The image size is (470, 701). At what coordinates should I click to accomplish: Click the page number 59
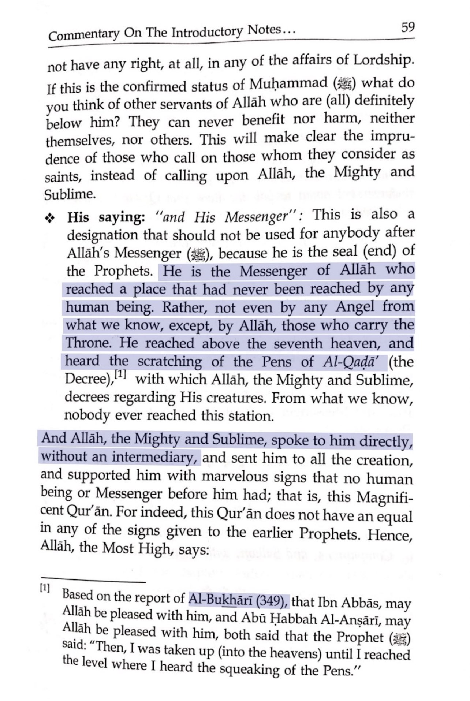pyautogui.click(x=407, y=27)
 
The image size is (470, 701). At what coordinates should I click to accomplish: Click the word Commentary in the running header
pyautogui.click(x=84, y=35)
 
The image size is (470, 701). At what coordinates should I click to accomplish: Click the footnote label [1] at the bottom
pyautogui.click(x=45, y=588)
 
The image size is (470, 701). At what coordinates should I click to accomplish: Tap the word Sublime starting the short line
pyautogui.click(x=70, y=194)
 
